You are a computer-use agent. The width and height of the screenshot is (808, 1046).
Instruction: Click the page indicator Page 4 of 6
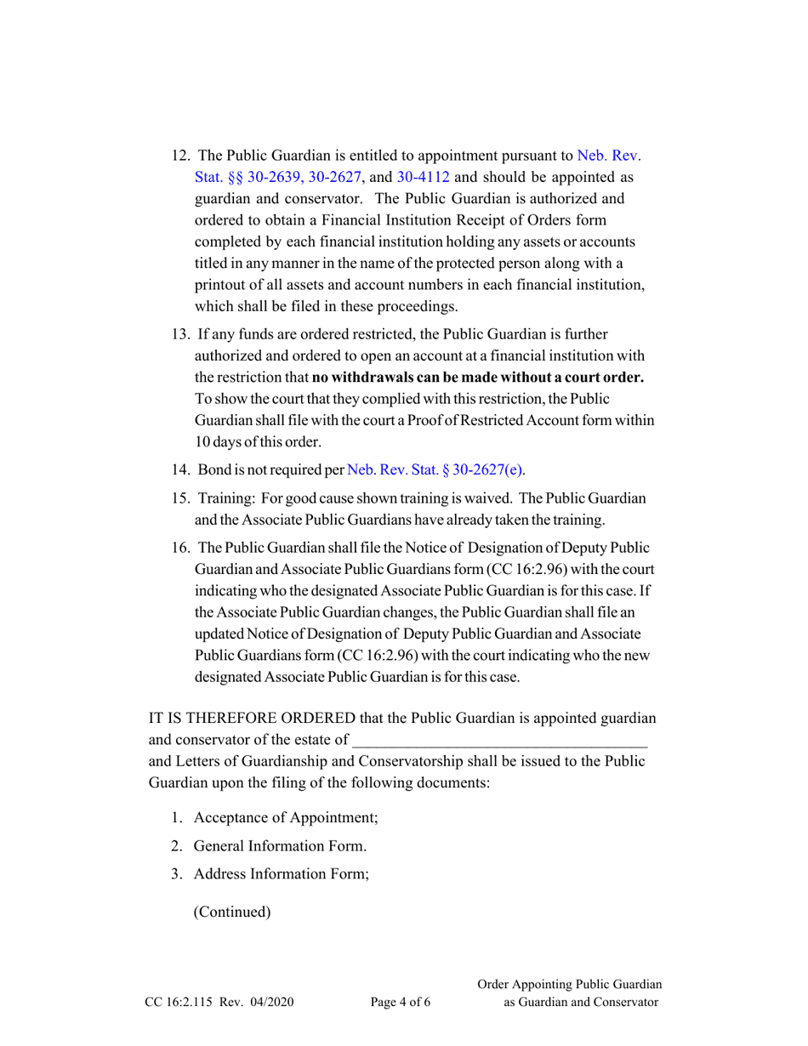point(401,1003)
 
